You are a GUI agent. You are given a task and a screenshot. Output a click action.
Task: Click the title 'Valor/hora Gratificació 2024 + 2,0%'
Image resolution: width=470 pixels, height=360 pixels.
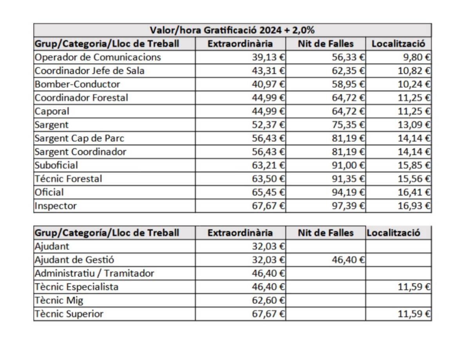[232, 30]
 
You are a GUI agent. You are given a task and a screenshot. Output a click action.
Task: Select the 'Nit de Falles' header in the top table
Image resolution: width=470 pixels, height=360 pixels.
[326, 44]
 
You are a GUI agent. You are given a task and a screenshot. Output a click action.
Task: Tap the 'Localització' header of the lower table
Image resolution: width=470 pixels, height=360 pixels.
[394, 233]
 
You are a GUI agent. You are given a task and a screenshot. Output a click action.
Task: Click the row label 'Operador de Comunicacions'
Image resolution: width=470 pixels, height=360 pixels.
[98, 57]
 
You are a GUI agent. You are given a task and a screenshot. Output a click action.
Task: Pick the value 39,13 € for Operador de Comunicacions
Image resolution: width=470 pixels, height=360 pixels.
[268, 57]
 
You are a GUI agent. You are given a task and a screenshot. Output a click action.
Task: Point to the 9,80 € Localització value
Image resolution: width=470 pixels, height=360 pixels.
[417, 57]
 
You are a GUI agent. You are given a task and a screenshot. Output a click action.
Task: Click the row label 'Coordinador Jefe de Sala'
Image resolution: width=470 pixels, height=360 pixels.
[90, 71]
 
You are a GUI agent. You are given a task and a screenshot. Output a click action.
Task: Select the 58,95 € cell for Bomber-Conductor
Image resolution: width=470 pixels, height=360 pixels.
[348, 84]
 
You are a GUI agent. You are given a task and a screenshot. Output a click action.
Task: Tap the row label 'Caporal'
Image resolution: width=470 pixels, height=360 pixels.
[52, 112]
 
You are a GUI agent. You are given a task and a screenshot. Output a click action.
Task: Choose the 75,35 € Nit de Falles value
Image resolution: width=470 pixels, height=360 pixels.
[348, 125]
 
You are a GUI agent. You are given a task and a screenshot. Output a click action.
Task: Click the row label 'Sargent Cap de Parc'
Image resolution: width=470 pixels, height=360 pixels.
[80, 139]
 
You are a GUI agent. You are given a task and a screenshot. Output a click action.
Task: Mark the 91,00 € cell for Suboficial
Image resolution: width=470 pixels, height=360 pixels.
[348, 165]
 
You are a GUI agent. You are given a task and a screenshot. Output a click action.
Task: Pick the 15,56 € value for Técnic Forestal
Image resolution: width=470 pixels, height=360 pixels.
[414, 179]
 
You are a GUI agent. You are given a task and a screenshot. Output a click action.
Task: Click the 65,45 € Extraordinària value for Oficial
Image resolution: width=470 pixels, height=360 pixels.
[268, 192]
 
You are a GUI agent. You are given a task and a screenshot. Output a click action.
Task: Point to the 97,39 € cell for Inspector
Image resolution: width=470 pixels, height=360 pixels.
[348, 206]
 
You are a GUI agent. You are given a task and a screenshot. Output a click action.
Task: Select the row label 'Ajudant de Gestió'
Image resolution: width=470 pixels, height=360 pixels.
[74, 260]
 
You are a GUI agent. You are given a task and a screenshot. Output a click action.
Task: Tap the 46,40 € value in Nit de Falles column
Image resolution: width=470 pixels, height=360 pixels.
[348, 260]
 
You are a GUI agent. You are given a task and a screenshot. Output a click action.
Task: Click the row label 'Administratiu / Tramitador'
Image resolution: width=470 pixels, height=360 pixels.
[94, 273]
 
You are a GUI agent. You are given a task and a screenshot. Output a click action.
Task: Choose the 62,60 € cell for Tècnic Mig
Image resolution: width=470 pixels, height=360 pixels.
[268, 300]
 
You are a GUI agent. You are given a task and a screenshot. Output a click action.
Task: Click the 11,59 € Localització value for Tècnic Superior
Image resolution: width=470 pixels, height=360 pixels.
[414, 314]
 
